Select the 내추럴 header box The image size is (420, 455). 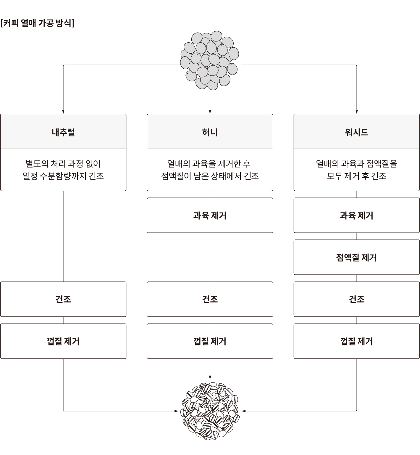coord(63,131)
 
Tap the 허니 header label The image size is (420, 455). coord(210,132)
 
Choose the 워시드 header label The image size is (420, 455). coord(357,132)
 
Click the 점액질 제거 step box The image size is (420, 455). coord(357,257)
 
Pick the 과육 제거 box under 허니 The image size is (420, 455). coord(210,215)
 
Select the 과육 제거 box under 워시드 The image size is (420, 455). coord(357,215)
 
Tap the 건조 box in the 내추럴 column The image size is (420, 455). coord(63,299)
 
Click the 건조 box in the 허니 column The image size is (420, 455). coord(210,299)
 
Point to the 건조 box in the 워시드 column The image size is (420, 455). coord(357,299)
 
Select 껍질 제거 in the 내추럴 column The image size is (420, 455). coord(63,341)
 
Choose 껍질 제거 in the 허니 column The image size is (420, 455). coord(210,341)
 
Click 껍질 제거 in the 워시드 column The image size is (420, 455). coord(357,341)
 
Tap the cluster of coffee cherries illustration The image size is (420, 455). coord(210,60)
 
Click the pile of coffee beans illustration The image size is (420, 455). coord(210,411)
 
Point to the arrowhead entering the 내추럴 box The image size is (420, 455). coord(63,112)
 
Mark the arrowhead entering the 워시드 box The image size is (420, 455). coord(357,112)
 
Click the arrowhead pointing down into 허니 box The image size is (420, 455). coord(210,112)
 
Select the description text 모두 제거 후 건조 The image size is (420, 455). coord(357,176)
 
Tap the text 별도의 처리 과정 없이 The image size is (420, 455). coord(63,163)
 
